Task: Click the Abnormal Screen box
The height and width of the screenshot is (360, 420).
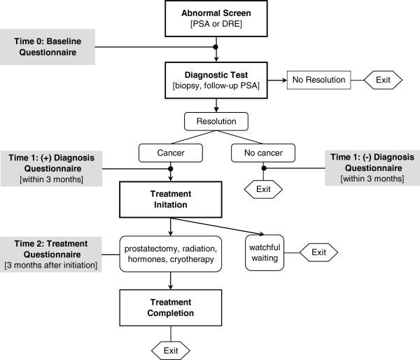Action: coord(216,20)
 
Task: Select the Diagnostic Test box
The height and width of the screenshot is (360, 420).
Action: coord(216,80)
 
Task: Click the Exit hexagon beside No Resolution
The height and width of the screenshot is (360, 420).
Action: coord(383,80)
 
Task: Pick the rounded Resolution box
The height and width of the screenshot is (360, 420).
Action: coord(216,121)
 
